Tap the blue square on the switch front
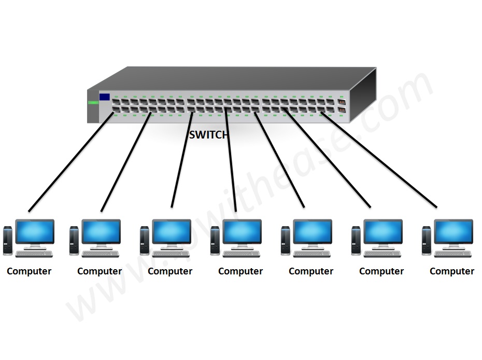tap(105, 96)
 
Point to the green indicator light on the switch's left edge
tap(93, 103)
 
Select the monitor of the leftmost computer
tap(35, 231)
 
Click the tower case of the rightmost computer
tap(426, 240)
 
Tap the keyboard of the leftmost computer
tap(34, 254)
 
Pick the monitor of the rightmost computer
tap(453, 231)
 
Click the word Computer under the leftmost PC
tap(29, 271)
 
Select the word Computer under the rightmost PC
tap(452, 271)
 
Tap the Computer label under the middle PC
tap(240, 271)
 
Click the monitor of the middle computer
tap(242, 231)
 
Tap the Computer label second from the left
tap(100, 271)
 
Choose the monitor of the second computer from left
tap(101, 231)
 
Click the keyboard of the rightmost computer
tap(453, 254)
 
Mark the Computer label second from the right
tap(381, 271)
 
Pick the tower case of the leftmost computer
tap(7, 240)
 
